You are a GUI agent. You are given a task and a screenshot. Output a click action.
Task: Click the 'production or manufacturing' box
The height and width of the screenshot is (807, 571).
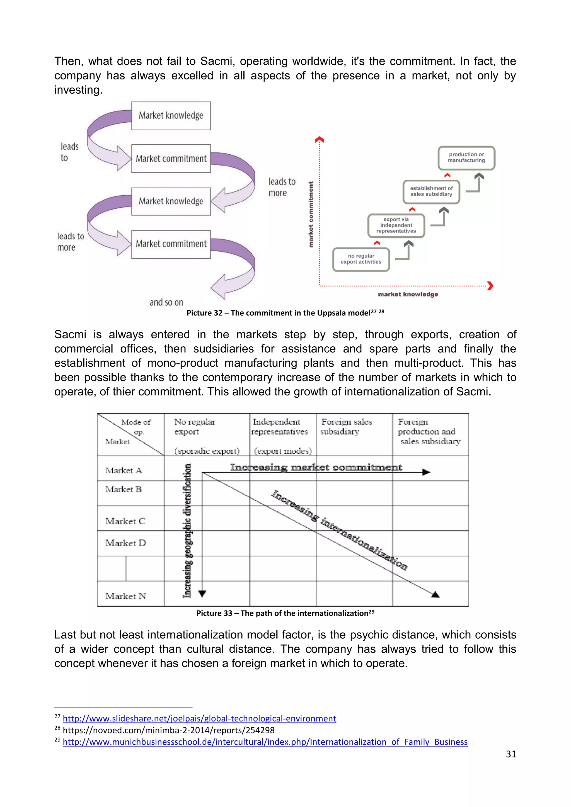tap(466, 158)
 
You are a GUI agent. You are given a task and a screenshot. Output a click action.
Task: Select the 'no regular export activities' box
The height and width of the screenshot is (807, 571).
tap(361, 259)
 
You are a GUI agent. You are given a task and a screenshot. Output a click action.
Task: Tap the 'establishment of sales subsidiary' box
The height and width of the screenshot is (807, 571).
tap(431, 191)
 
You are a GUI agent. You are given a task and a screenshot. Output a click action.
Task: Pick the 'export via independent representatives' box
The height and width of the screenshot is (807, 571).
tap(396, 225)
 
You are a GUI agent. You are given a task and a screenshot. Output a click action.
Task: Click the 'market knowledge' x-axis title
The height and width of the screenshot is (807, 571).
tap(408, 295)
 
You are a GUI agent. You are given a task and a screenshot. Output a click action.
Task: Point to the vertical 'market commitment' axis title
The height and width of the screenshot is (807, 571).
tap(311, 214)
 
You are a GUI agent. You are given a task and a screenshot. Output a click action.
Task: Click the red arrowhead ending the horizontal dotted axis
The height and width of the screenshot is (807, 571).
tap(490, 286)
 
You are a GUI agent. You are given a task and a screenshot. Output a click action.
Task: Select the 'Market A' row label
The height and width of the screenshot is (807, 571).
tap(124, 470)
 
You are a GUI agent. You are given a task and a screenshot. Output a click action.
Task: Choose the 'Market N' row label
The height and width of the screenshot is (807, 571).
tap(125, 596)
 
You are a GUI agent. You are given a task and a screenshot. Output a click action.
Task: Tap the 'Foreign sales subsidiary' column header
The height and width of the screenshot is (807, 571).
tap(346, 427)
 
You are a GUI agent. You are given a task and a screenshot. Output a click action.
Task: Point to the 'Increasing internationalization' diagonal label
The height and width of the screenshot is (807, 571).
tap(339, 530)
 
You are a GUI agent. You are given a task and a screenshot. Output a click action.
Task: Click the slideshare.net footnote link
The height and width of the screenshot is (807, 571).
tap(199, 718)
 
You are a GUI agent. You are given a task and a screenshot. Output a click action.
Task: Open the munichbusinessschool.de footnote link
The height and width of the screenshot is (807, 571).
tap(265, 742)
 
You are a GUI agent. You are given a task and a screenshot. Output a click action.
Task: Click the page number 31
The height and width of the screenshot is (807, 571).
tap(511, 754)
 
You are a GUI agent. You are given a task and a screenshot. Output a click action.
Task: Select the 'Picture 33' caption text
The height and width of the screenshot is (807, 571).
tap(285, 613)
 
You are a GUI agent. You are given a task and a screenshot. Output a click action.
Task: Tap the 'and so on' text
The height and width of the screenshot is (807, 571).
tap(166, 302)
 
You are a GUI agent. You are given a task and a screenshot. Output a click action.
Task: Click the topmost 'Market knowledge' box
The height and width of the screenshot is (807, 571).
tap(171, 116)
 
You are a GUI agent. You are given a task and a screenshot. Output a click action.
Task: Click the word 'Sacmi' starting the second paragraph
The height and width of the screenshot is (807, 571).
tap(70, 334)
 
